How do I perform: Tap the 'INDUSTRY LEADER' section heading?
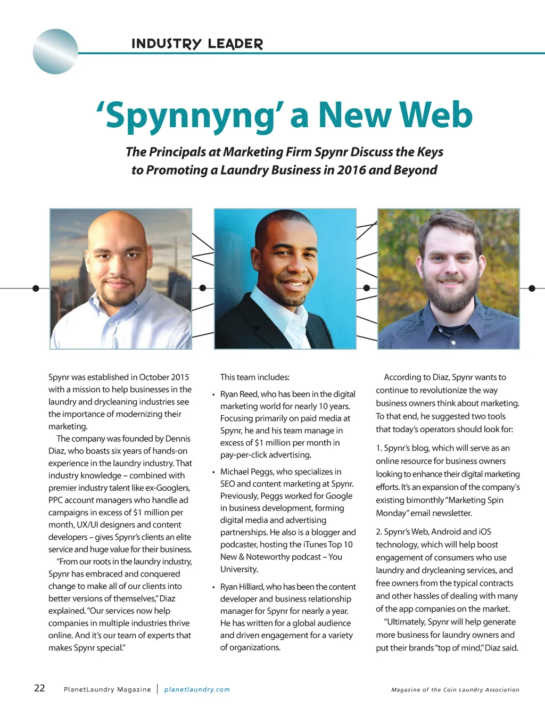pyautogui.click(x=197, y=44)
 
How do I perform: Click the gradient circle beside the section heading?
pyautogui.click(x=55, y=51)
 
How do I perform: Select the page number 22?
pyautogui.click(x=39, y=688)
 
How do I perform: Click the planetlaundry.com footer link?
pyautogui.click(x=197, y=689)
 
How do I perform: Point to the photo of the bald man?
pyautogui.click(x=121, y=279)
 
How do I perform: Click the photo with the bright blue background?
pyautogui.click(x=285, y=279)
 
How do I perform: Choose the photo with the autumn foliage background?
pyautogui.click(x=448, y=279)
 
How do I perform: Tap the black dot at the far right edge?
pyautogui.click(x=531, y=288)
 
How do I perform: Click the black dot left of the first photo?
pyautogui.click(x=36, y=288)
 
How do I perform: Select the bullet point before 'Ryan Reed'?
pyautogui.click(x=213, y=394)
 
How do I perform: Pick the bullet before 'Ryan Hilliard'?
pyautogui.click(x=213, y=587)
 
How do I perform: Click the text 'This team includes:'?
pyautogui.click(x=255, y=377)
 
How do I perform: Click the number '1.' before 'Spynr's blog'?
pyautogui.click(x=379, y=448)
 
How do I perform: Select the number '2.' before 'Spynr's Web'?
pyautogui.click(x=379, y=532)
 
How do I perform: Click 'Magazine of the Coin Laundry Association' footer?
pyautogui.click(x=455, y=689)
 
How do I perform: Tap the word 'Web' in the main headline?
pyautogui.click(x=435, y=115)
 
